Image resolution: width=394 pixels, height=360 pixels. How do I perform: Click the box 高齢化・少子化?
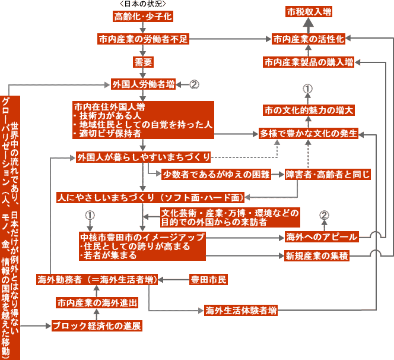142,16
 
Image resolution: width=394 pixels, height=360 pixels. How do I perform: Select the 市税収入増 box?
308,12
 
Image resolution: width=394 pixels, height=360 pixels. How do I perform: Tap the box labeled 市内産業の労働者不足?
142,39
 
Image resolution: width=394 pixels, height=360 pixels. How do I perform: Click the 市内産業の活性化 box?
309,39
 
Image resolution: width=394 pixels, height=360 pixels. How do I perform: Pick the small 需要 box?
143,61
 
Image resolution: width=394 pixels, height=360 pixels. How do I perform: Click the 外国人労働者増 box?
142,84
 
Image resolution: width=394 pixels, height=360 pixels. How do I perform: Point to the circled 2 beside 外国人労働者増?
193,84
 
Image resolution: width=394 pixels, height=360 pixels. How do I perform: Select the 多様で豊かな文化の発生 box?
309,134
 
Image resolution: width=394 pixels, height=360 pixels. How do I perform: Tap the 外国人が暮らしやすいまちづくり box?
143,157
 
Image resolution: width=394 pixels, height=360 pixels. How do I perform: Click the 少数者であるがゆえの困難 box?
216,174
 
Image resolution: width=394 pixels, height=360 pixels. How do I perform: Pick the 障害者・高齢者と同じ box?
328,174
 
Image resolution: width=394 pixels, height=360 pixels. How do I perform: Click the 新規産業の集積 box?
317,256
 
